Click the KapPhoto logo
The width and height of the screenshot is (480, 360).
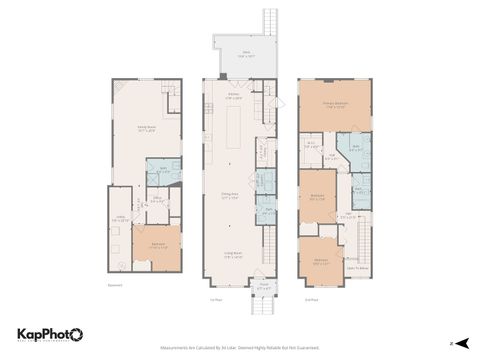[51, 335]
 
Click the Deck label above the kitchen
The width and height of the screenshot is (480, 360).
[243, 56]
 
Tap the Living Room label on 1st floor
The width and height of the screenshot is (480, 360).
[236, 255]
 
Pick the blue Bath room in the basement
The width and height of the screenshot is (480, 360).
[161, 172]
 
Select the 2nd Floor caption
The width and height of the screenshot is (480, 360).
[311, 299]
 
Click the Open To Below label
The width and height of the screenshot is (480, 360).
[357, 267]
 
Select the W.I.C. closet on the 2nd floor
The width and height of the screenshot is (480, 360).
[311, 144]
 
